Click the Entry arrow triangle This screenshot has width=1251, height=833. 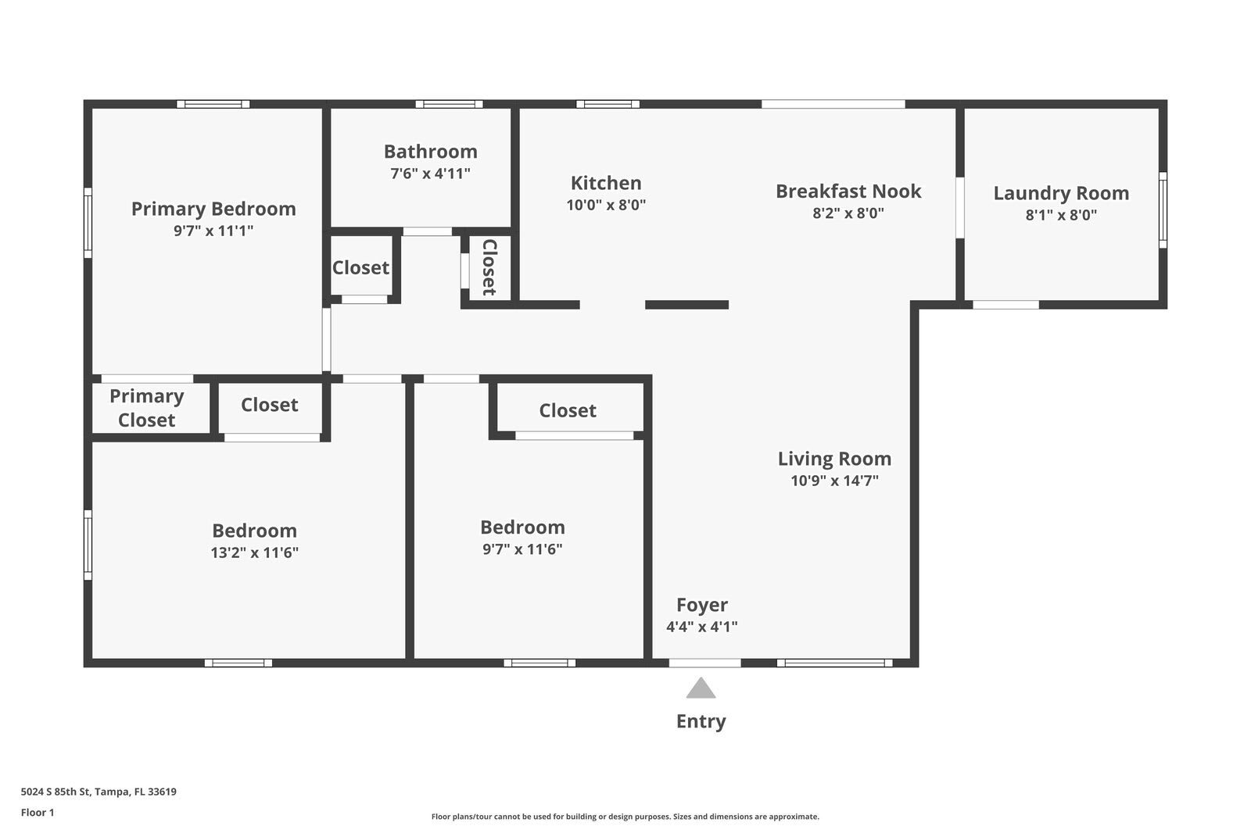click(701, 689)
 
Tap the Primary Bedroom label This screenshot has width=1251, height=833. click(213, 209)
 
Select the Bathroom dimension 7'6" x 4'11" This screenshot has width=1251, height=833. click(430, 173)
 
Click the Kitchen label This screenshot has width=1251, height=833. click(606, 183)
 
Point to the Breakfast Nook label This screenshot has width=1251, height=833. click(848, 191)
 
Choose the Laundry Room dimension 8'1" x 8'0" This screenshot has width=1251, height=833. click(1061, 215)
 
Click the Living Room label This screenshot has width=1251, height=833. click(834, 459)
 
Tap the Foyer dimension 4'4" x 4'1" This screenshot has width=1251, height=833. click(702, 627)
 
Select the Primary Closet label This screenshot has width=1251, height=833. click(147, 408)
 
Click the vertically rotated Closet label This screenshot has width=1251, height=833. click(489, 267)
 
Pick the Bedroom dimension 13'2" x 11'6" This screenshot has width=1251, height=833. click(255, 552)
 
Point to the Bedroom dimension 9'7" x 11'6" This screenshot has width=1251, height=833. click(522, 549)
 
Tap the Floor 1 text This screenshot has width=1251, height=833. click(38, 813)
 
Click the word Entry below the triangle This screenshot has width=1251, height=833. click(701, 721)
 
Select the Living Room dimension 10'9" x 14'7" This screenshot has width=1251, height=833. click(834, 481)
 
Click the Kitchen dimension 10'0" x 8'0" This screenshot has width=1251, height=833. click(606, 206)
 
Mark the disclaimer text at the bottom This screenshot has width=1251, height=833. click(625, 817)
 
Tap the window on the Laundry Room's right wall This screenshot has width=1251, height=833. click(1163, 209)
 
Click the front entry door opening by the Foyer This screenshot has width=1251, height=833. click(704, 663)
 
